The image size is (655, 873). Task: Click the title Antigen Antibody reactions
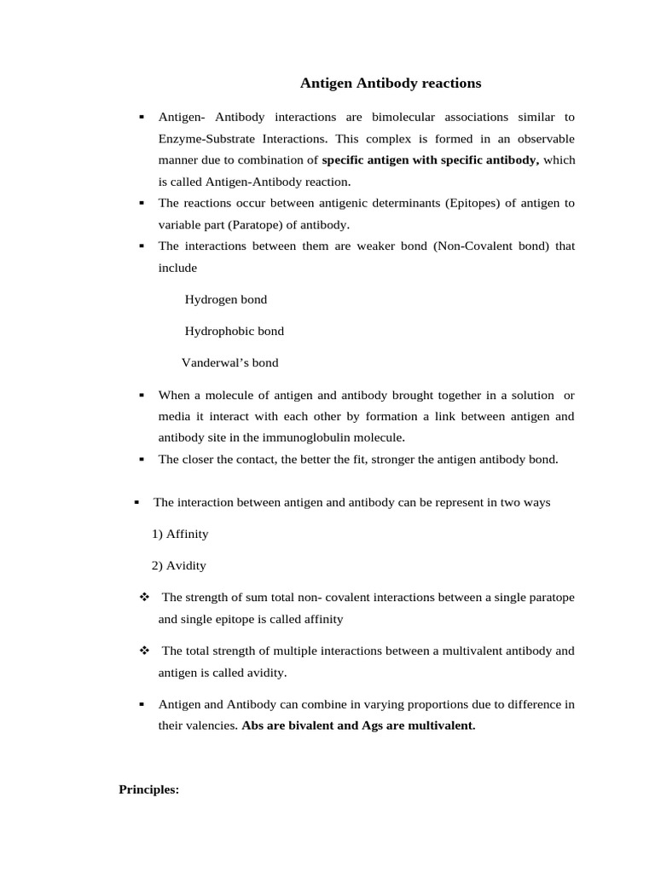[x=391, y=84]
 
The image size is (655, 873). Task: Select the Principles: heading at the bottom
[x=148, y=789]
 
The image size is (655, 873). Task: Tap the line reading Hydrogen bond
[x=226, y=299]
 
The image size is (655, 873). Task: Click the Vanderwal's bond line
[x=230, y=362]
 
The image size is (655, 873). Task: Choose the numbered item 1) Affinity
[x=180, y=534]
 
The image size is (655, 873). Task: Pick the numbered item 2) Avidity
[x=179, y=565]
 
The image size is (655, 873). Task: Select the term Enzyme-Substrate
[x=202, y=138]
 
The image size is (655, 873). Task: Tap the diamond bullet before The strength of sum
[x=144, y=597]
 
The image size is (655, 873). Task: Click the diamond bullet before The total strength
[x=144, y=650]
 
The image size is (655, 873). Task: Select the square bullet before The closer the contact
[x=142, y=459]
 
